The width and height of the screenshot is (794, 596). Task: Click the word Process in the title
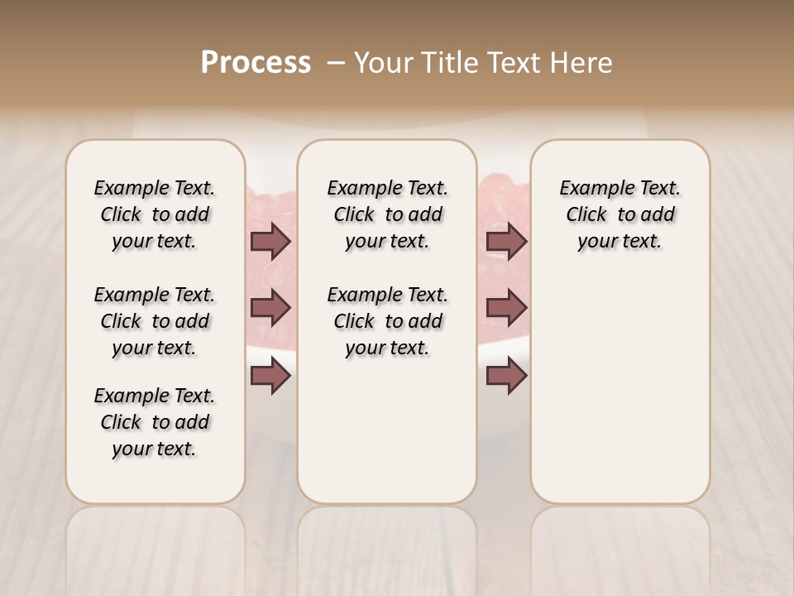tap(256, 63)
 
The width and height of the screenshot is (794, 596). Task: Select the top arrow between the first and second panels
tap(270, 242)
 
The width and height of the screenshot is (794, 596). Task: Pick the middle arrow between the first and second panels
tap(270, 309)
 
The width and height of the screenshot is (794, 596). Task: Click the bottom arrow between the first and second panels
tap(270, 377)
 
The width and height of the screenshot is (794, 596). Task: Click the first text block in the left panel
tap(155, 214)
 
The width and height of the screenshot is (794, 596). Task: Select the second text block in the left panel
tap(155, 321)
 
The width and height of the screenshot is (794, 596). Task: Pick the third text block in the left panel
tap(155, 422)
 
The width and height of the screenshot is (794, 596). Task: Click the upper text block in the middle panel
tap(387, 214)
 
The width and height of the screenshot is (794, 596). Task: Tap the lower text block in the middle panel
tap(387, 321)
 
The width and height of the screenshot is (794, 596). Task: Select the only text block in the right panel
tap(619, 214)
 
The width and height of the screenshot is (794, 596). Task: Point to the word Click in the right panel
tap(586, 215)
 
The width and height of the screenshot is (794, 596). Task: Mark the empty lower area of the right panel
tap(619, 381)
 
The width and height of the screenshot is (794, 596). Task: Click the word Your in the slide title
tap(382, 63)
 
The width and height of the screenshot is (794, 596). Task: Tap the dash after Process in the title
tap(337, 63)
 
